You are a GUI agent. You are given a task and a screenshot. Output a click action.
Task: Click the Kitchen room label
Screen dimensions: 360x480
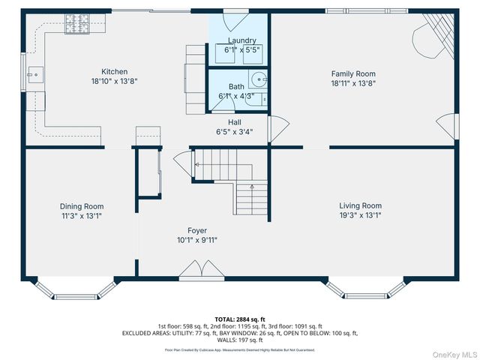coord(115,71)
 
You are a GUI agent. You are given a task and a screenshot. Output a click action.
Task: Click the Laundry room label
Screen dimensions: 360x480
coord(238,40)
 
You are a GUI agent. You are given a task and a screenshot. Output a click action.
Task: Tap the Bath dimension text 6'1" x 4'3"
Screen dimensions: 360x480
coord(236,96)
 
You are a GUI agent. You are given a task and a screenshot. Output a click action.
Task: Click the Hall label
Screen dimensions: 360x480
coord(235,121)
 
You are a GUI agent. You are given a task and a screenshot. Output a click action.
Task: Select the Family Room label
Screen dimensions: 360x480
coord(353,73)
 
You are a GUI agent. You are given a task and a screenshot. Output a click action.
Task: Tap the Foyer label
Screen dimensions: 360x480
coord(197,230)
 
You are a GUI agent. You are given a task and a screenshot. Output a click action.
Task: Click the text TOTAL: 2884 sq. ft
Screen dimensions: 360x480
coord(240,319)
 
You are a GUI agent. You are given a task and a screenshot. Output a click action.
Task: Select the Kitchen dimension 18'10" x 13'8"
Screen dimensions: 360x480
coord(115,81)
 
